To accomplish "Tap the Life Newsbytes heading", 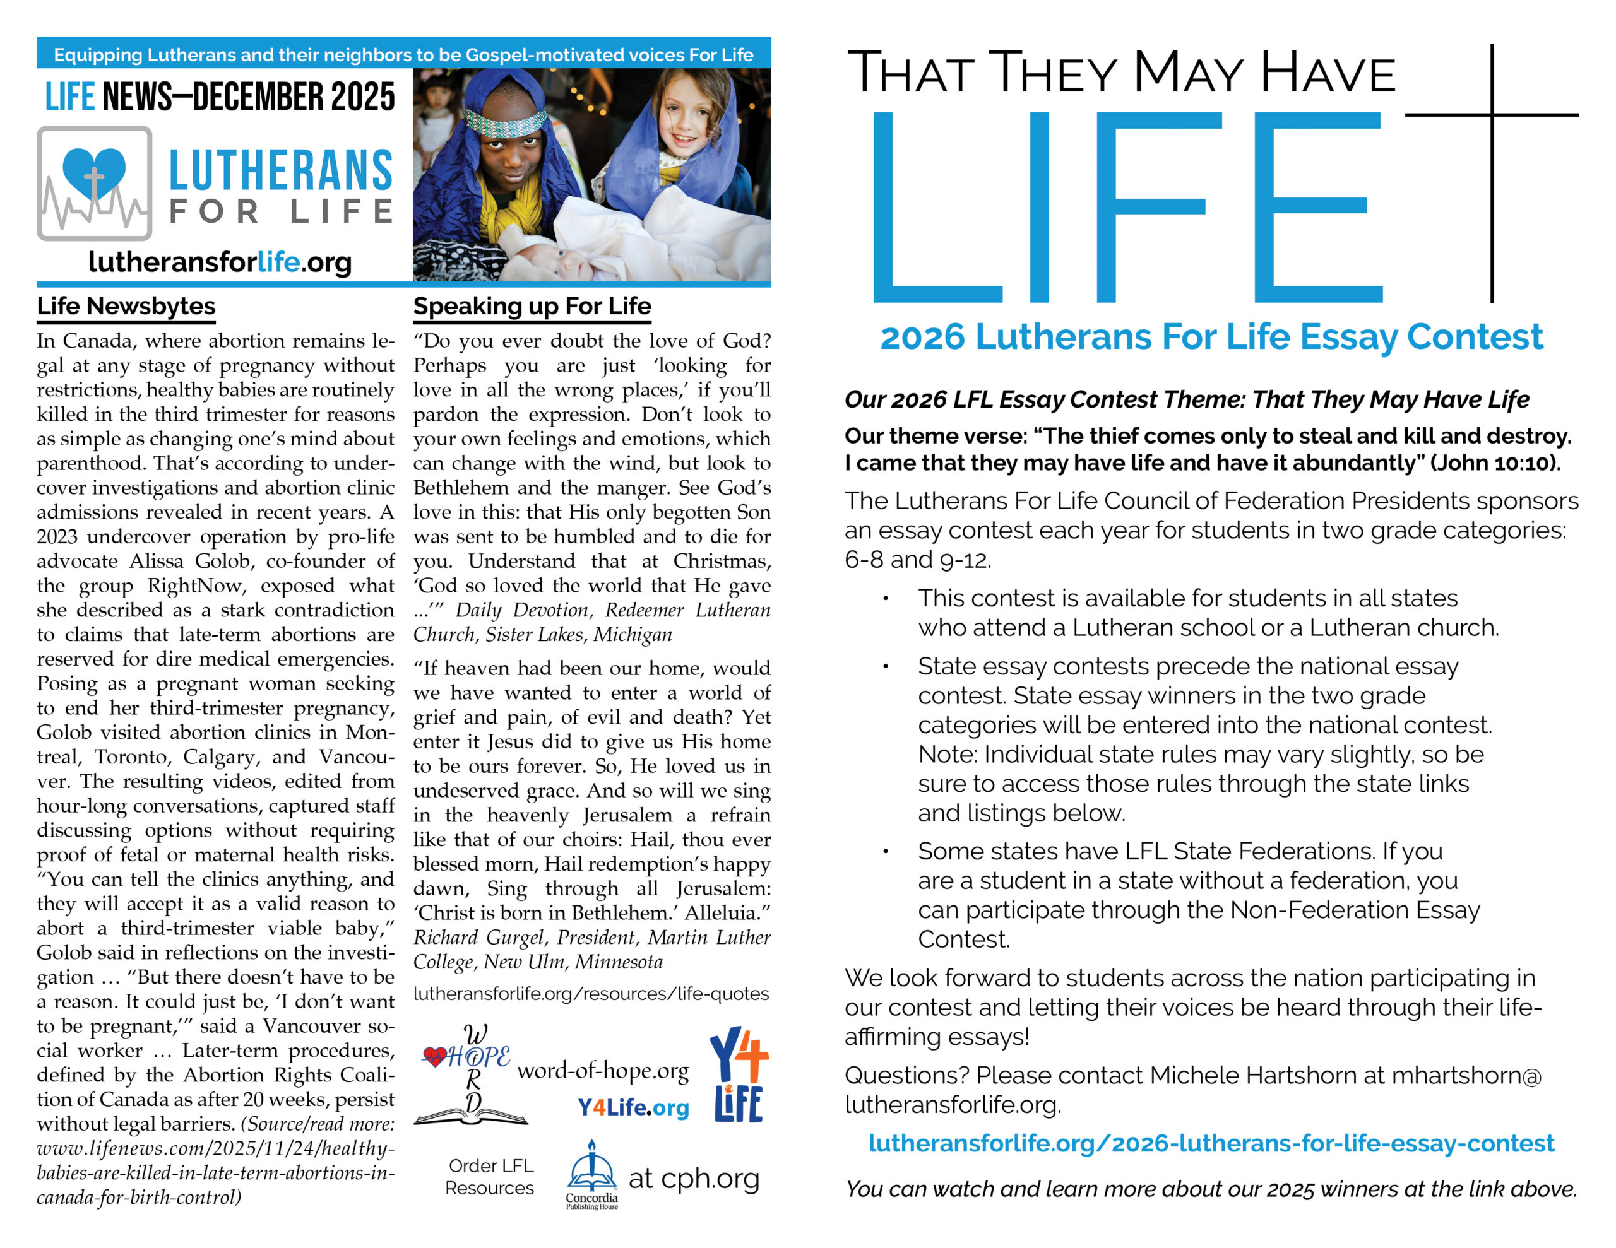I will pyautogui.click(x=126, y=306).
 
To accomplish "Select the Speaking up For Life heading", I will pyautogui.click(x=532, y=306).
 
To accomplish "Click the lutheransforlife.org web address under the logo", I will pyautogui.click(x=220, y=262).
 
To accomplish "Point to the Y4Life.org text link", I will pyautogui.click(x=633, y=1107).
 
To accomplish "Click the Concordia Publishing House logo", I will pyautogui.click(x=591, y=1174).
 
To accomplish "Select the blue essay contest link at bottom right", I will pyautogui.click(x=1211, y=1143).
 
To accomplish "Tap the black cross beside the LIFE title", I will pyautogui.click(x=1492, y=148).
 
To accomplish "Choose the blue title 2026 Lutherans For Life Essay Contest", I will pyautogui.click(x=1211, y=338).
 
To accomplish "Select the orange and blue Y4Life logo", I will pyautogui.click(x=739, y=1074).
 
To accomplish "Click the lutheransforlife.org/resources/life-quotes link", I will pyautogui.click(x=591, y=994).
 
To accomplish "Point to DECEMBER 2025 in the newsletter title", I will pyautogui.click(x=294, y=97).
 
